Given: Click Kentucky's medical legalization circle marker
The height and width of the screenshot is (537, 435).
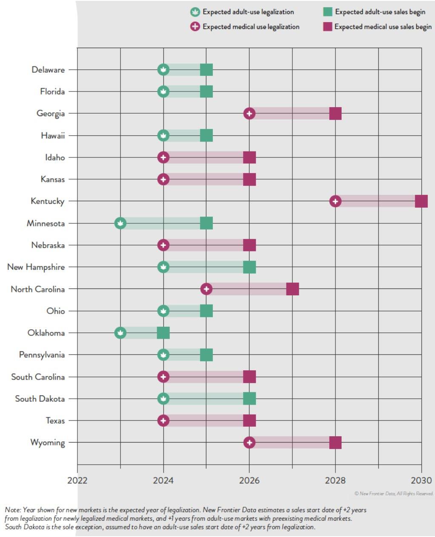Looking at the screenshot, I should (x=335, y=201).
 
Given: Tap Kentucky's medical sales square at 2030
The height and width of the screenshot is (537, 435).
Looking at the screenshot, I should (x=421, y=201).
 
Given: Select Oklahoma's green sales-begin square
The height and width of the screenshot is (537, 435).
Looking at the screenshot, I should (x=163, y=333).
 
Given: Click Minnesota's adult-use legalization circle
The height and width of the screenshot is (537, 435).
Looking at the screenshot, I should (x=120, y=223).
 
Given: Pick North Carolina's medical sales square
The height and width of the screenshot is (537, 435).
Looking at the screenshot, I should (x=292, y=289).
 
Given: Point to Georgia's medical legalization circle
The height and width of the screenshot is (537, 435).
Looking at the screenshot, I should (x=249, y=114).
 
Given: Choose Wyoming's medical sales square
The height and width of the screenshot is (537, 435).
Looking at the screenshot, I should (x=335, y=443).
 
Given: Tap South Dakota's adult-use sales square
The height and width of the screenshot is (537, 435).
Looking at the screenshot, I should (x=249, y=399).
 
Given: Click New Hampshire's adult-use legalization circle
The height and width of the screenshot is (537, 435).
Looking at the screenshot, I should (x=163, y=267).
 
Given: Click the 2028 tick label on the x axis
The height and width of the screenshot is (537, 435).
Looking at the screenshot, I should (x=335, y=480).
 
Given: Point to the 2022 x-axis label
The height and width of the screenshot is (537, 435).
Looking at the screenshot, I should (x=77, y=480).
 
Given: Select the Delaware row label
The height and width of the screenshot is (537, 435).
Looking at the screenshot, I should (x=48, y=70).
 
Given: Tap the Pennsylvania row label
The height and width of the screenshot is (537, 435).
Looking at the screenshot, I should (x=42, y=355).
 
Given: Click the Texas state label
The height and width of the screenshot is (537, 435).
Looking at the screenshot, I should (x=55, y=421).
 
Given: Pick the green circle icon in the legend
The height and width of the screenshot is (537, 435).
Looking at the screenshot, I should (x=195, y=12).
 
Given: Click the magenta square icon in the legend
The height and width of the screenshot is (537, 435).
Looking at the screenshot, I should (x=327, y=27).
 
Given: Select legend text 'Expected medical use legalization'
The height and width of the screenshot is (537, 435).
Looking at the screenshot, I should (x=251, y=27).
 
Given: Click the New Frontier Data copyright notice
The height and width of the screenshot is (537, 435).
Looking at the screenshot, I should (x=394, y=494).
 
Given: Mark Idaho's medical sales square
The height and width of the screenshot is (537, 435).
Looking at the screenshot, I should (x=249, y=157).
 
